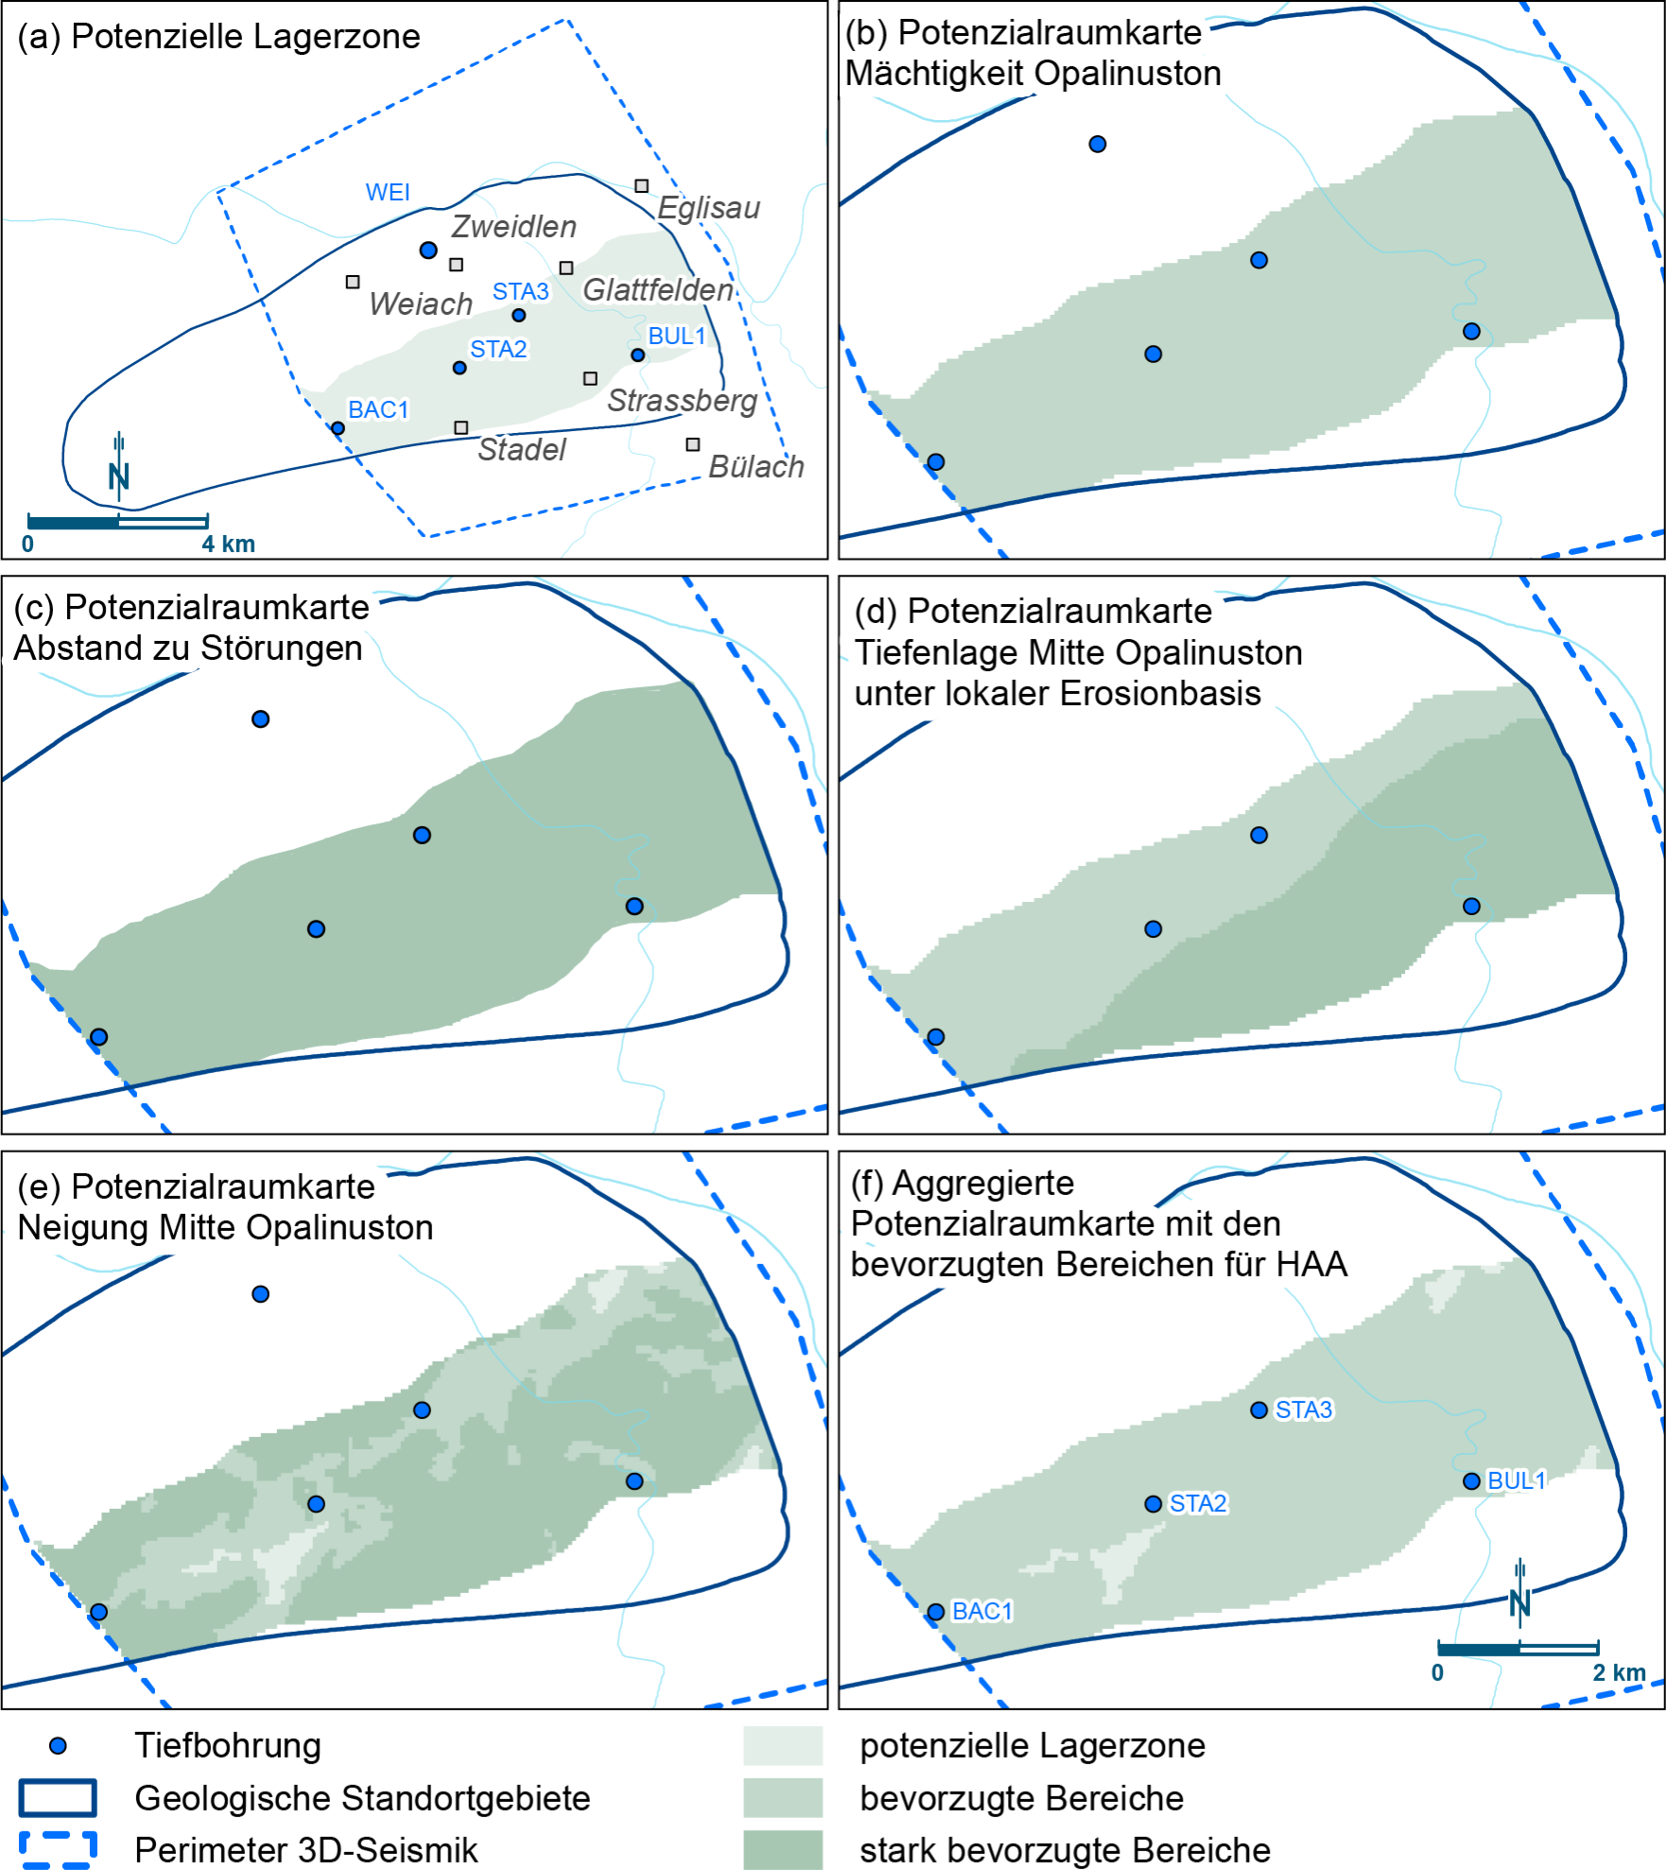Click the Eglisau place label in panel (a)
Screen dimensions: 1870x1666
coord(708,208)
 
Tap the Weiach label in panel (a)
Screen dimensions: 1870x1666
coord(421,304)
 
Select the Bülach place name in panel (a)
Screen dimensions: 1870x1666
coord(756,467)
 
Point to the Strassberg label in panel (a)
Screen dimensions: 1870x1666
coord(682,401)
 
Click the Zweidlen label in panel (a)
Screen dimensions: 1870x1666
coord(513,227)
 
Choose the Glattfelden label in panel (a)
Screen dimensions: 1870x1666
coord(658,290)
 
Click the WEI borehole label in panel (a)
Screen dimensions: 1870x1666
coord(388,192)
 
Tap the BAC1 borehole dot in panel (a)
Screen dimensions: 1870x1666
coord(338,428)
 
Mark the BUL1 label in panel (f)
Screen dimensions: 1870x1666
coord(1516,1480)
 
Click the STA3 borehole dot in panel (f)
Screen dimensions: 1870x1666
coord(1258,1411)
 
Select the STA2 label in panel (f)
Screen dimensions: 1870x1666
coord(1198,1504)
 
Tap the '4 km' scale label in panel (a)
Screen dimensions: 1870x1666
coord(228,544)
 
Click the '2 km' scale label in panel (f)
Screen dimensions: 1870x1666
coord(1619,1672)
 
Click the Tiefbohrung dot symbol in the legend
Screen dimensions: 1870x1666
coord(58,1745)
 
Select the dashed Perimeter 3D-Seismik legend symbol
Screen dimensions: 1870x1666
coord(58,1850)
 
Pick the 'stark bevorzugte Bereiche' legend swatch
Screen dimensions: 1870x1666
coord(782,1850)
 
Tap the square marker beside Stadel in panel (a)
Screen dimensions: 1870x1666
coord(461,428)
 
